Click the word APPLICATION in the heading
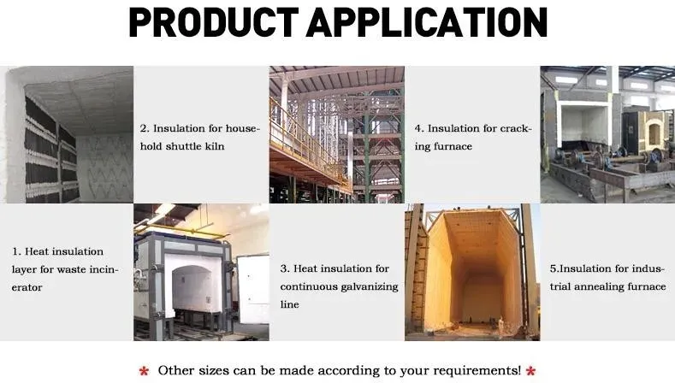[428, 23]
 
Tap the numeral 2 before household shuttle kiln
[145, 129]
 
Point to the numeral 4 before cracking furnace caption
[418, 129]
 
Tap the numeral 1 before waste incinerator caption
[15, 252]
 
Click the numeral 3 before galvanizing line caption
[284, 268]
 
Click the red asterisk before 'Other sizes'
[144, 372]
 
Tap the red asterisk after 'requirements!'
[530, 372]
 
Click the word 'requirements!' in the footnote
[479, 371]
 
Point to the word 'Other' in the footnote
[176, 370]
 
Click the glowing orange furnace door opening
[654, 133]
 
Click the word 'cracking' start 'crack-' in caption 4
[514, 129]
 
